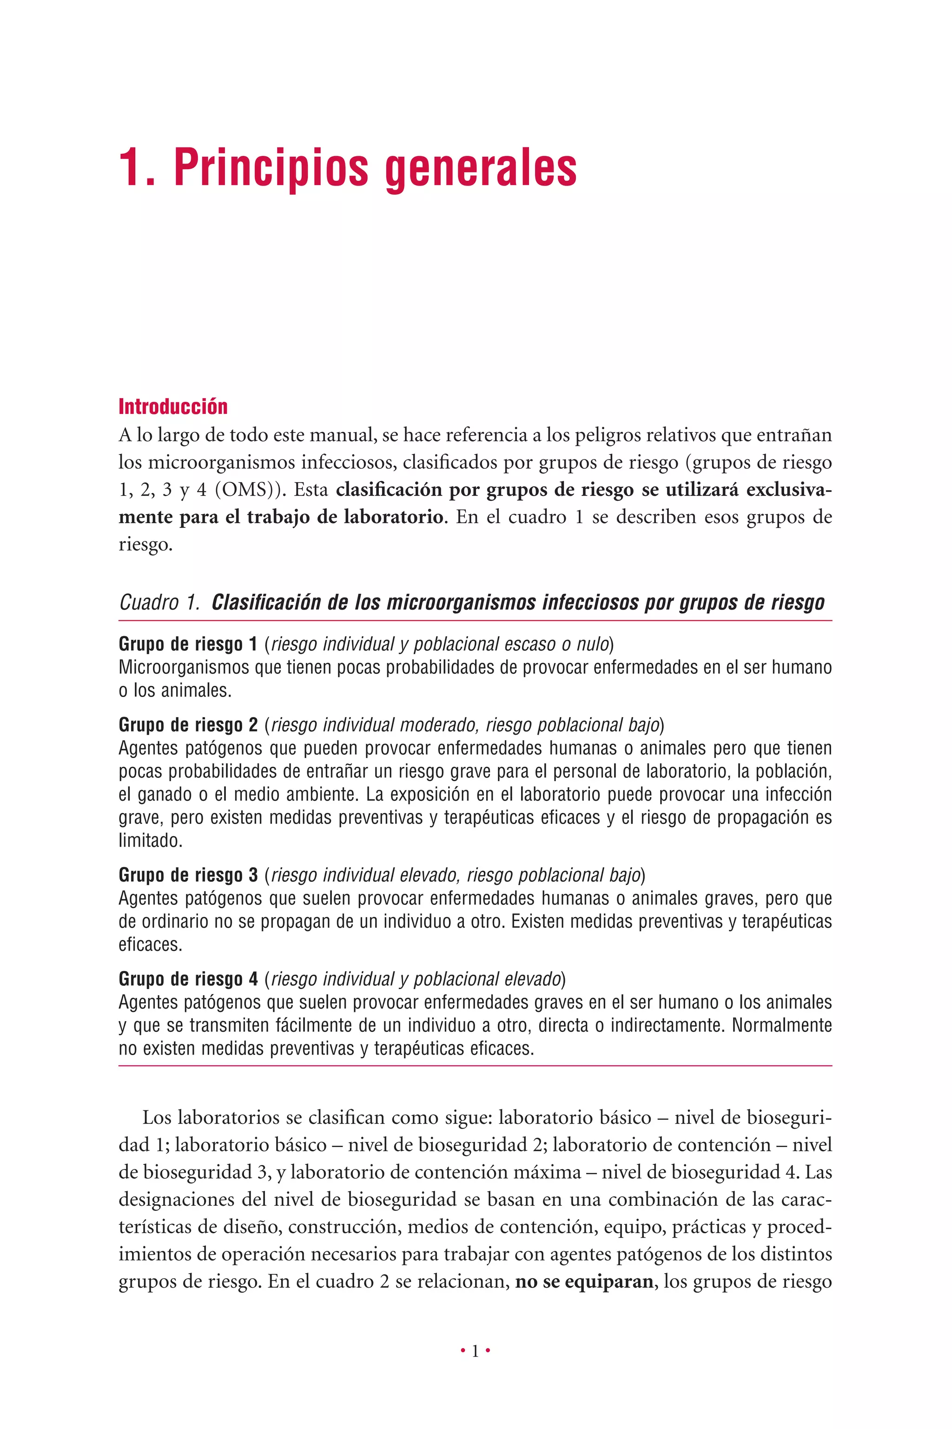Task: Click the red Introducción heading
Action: tap(173, 406)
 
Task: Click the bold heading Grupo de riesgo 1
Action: tap(188, 644)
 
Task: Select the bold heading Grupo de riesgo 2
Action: tap(188, 725)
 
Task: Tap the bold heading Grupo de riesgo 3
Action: tap(188, 875)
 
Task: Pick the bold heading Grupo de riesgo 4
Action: tap(188, 979)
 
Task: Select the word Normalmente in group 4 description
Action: tap(781, 1025)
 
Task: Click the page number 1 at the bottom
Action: tap(476, 1351)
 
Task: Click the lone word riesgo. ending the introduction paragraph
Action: tap(145, 545)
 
